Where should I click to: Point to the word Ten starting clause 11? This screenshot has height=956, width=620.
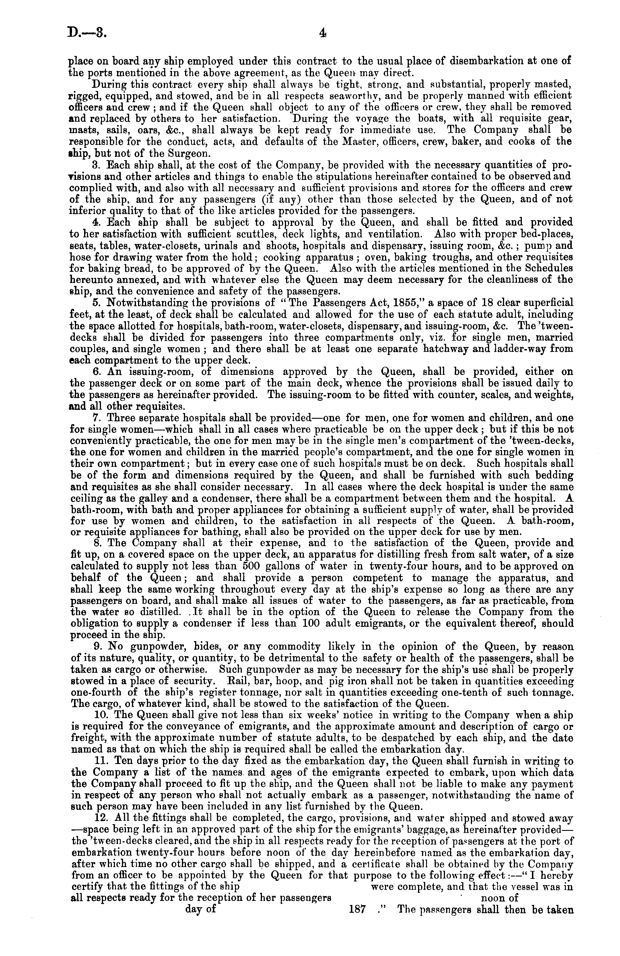[x=123, y=760]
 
